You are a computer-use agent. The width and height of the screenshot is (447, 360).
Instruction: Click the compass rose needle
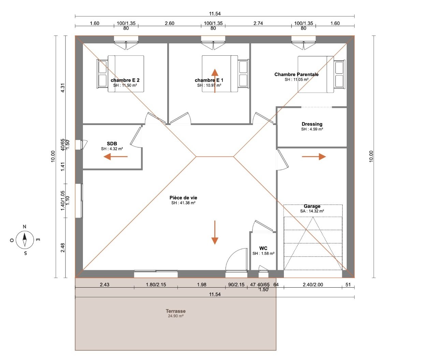pyautogui.click(x=25, y=239)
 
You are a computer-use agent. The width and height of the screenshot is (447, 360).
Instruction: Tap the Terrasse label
pyautogui.click(x=175, y=311)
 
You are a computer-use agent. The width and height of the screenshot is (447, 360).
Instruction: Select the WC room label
pyautogui.click(x=263, y=248)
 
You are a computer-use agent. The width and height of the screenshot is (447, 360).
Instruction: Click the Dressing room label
pyautogui.click(x=312, y=124)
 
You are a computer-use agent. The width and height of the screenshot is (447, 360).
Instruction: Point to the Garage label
pyautogui.click(x=312, y=206)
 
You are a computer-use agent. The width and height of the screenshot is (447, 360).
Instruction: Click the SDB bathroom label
pyautogui.click(x=112, y=143)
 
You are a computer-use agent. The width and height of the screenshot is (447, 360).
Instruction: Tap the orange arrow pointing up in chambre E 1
pyautogui.click(x=215, y=81)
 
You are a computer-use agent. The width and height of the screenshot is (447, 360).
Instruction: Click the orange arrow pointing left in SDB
pyautogui.click(x=115, y=156)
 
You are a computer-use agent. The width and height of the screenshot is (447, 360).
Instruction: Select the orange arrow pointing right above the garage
pyautogui.click(x=314, y=156)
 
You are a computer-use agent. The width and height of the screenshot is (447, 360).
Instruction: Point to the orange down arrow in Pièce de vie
pyautogui.click(x=215, y=233)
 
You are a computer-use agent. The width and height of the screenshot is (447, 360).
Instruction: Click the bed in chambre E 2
pyautogui.click(x=120, y=74)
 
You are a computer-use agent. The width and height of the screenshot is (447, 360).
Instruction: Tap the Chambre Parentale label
pyautogui.click(x=297, y=74)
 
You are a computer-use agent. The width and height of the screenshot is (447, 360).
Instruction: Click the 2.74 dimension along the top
pyautogui.click(x=258, y=23)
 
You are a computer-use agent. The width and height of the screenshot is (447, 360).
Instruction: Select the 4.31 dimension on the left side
pyautogui.click(x=63, y=88)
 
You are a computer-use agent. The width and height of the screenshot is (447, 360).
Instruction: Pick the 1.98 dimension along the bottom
pyautogui.click(x=201, y=285)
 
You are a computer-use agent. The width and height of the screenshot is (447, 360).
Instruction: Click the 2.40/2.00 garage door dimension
pyautogui.click(x=313, y=285)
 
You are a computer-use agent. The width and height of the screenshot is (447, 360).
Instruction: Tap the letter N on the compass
pyautogui.click(x=25, y=226)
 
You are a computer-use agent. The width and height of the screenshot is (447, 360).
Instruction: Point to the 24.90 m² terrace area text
pyautogui.click(x=175, y=316)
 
